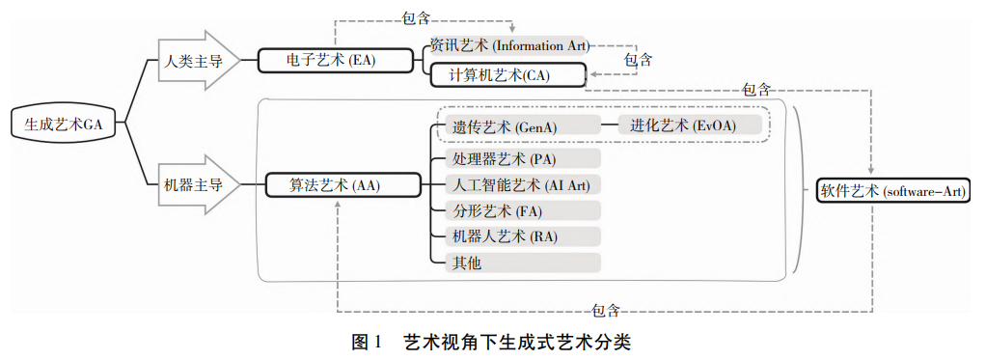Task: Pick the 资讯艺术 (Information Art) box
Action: (508, 44)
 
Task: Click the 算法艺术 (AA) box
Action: (342, 184)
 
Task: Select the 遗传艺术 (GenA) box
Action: (512, 125)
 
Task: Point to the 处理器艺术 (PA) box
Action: (516, 158)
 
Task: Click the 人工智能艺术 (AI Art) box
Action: (516, 184)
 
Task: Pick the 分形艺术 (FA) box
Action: (516, 210)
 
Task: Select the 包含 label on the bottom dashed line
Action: (605, 311)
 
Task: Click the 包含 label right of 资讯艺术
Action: (637, 60)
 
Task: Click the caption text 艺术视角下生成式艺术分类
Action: (516, 341)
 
